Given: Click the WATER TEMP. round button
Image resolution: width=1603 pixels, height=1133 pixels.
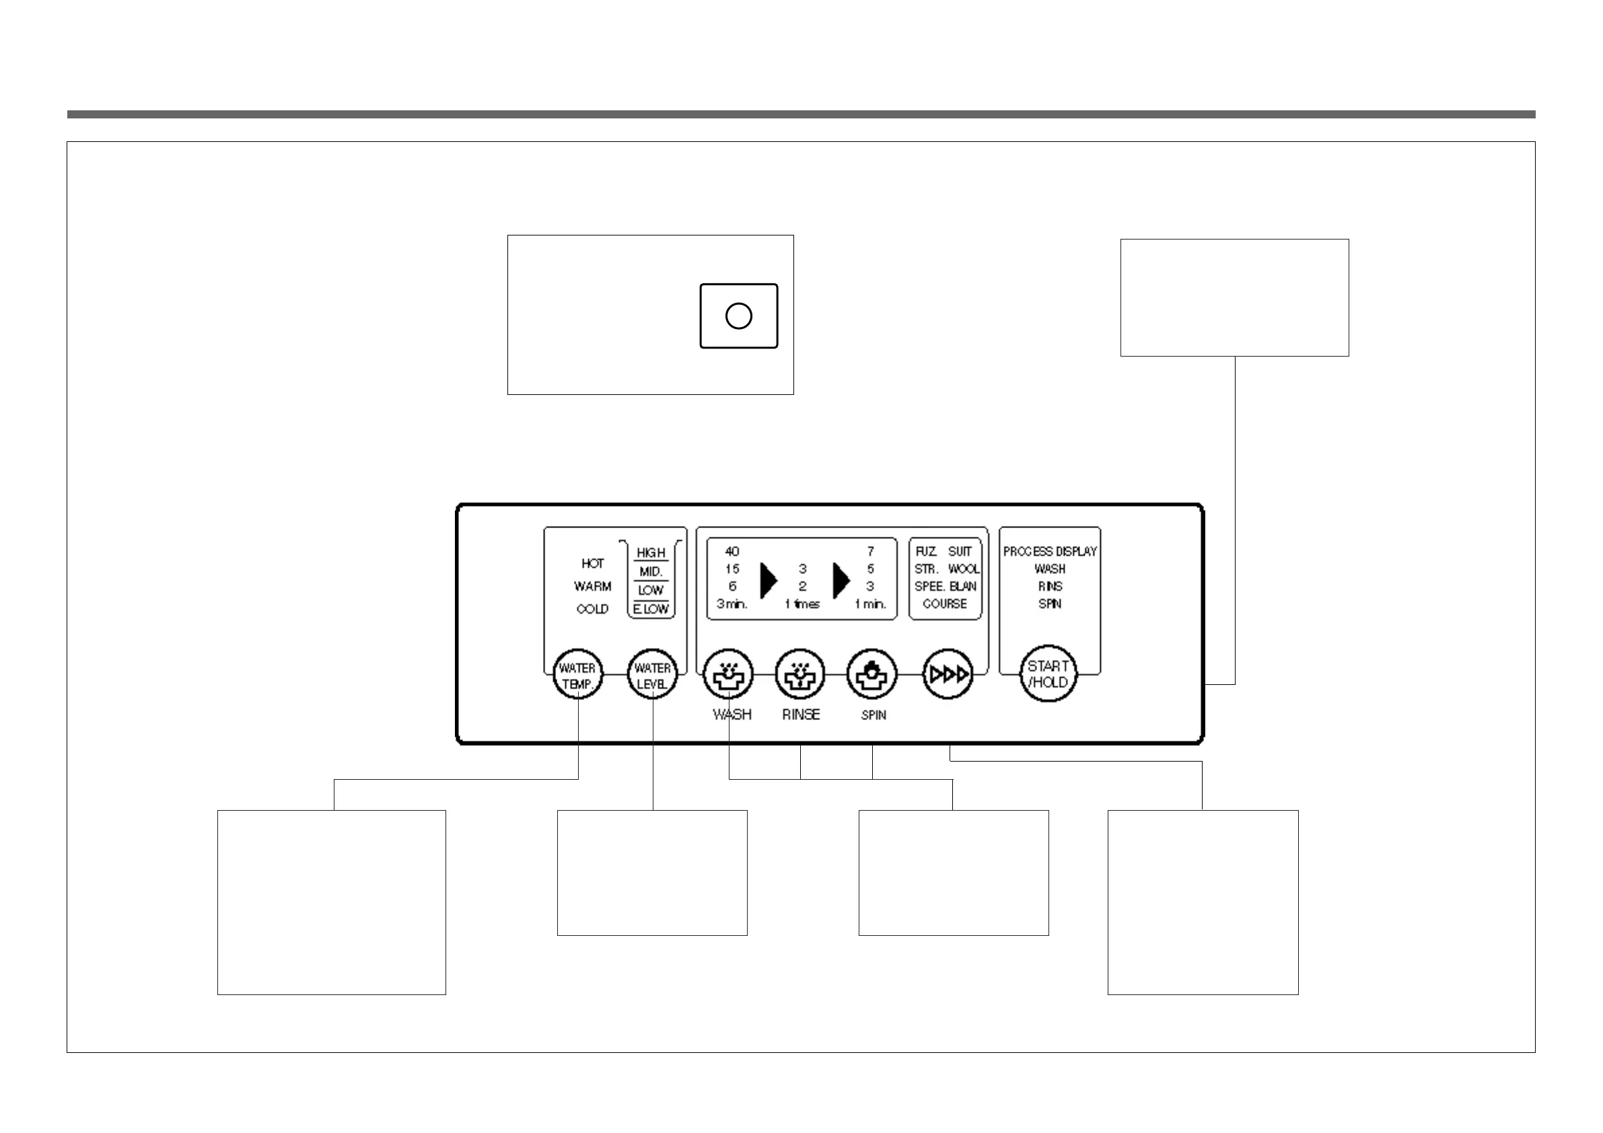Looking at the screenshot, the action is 577,675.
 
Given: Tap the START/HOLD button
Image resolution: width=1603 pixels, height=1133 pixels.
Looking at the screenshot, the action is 1048,673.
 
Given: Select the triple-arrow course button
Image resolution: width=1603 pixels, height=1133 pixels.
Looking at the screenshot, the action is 948,674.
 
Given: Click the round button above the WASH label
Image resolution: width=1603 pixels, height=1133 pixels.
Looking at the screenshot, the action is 728,674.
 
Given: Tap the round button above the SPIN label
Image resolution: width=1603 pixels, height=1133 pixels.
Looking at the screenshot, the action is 871,674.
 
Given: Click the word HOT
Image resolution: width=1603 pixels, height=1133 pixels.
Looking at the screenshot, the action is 592,563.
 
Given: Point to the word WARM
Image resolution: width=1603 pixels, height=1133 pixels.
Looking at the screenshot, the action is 592,587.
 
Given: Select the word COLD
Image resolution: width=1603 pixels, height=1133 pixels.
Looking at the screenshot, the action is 592,610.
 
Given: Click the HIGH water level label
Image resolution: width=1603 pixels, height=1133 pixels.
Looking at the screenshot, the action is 651,553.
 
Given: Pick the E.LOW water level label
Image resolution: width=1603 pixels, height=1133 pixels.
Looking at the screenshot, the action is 651,609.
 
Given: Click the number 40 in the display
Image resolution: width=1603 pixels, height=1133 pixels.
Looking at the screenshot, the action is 732,552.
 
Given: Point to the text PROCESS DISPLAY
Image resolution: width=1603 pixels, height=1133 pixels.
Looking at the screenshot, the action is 1049,552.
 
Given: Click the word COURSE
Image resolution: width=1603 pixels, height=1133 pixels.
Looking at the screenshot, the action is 945,604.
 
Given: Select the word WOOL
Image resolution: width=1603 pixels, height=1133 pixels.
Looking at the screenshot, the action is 964,569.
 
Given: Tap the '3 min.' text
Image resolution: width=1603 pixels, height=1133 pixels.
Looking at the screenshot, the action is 732,604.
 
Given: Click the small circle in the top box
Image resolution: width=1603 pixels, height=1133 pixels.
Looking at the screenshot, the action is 739,316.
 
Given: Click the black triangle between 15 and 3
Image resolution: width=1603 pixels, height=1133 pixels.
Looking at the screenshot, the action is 767,580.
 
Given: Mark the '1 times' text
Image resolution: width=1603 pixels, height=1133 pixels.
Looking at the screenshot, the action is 802,604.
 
